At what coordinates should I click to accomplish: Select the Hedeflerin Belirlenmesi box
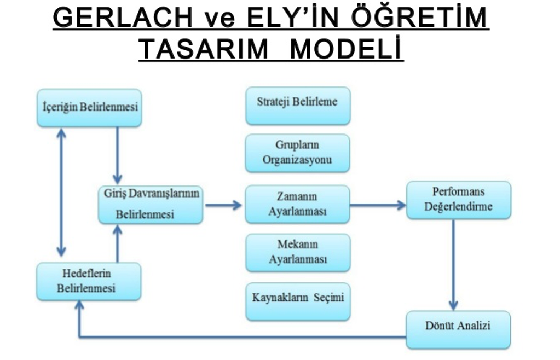tap(88, 281)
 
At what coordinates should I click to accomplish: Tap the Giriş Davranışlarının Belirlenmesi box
tap(151, 205)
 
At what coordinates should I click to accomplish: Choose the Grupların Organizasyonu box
tap(297, 153)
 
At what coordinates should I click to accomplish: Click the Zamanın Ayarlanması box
tap(297, 204)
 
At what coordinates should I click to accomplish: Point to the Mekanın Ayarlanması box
tap(297, 252)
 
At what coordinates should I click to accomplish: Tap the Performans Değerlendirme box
tap(459, 200)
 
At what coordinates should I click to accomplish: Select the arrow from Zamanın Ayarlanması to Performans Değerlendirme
tap(378, 205)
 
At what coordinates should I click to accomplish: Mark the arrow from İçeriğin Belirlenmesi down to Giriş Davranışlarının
tap(117, 156)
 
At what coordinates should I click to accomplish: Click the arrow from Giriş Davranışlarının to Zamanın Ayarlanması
tap(223, 205)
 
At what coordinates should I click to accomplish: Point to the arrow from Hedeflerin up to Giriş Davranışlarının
tap(117, 243)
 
